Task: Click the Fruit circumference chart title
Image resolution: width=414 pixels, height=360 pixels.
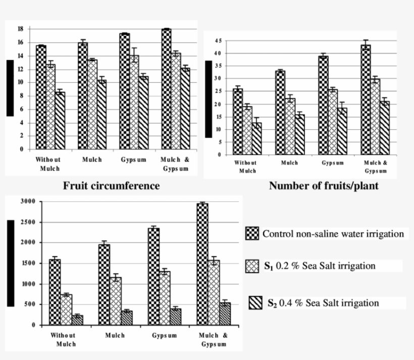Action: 111,186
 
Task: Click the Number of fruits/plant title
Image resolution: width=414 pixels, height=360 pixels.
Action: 324,186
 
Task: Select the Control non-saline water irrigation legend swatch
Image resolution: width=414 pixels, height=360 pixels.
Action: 252,234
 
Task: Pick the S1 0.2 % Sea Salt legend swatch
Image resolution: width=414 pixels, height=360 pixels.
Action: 252,266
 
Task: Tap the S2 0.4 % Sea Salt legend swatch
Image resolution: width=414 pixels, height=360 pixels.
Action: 255,303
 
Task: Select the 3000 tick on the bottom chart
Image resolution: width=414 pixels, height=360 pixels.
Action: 28,201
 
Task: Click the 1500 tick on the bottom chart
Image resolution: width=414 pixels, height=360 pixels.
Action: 28,263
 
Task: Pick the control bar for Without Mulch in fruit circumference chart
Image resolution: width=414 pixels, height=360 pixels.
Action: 41,97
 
